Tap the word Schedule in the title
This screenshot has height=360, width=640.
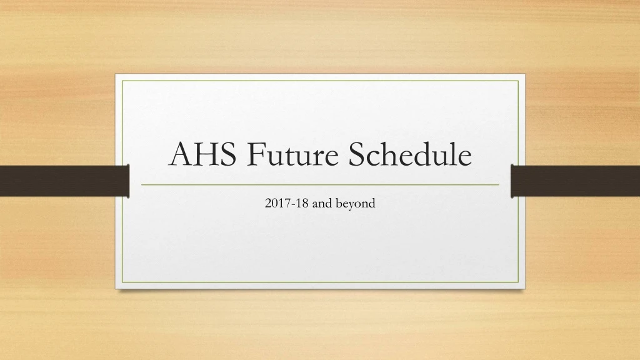pyautogui.click(x=410, y=154)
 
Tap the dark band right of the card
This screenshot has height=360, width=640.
pyautogui.click(x=575, y=181)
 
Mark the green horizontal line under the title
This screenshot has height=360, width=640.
pyautogui.click(x=320, y=185)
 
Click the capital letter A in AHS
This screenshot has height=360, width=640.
pyautogui.click(x=180, y=155)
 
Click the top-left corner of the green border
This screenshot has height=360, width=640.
pyautogui.click(x=122, y=81)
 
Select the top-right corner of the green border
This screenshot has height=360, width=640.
pyautogui.click(x=519, y=81)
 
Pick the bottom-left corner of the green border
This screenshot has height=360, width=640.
pyautogui.click(x=122, y=282)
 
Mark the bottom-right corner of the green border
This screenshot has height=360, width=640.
pyautogui.click(x=519, y=282)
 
